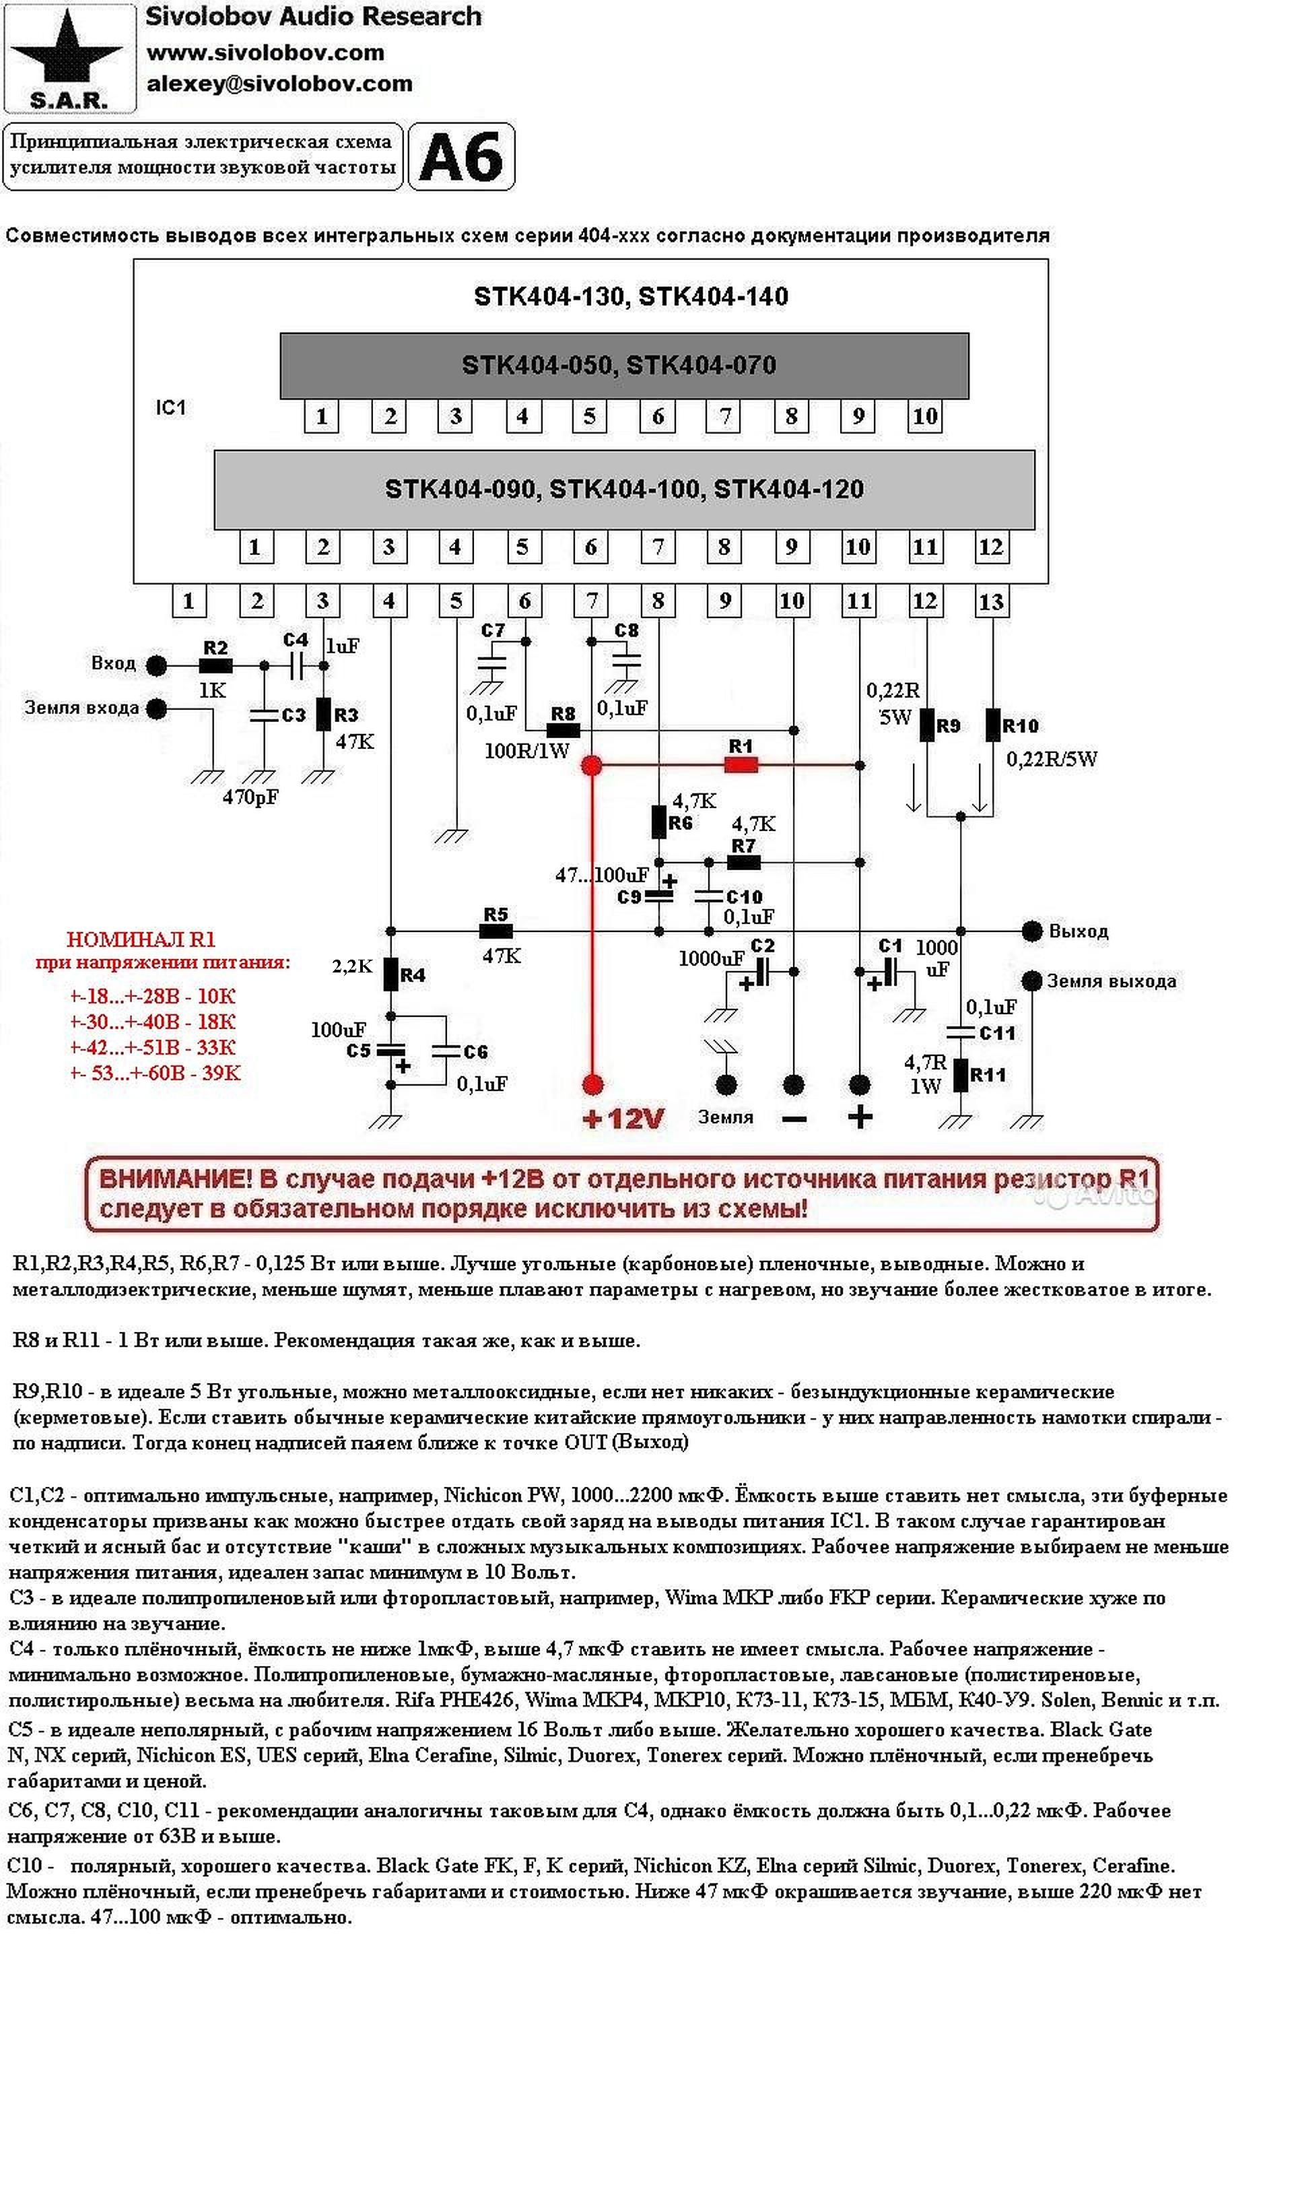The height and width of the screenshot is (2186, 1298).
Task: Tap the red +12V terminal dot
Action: coord(592,1086)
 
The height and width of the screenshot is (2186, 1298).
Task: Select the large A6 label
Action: coord(461,158)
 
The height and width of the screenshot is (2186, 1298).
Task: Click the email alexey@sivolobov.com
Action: coord(279,84)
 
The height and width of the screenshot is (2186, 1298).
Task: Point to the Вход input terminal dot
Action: coord(157,665)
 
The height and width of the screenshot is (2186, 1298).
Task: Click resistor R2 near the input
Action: coord(215,665)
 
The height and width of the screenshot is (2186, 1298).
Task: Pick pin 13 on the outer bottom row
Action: coord(991,602)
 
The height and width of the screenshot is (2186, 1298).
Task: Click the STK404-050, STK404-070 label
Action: coord(619,365)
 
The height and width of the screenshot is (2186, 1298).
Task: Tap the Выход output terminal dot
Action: coord(1032,931)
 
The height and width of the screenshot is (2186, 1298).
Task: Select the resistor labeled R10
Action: coord(993,725)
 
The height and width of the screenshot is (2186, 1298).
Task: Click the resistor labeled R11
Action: coord(961,1075)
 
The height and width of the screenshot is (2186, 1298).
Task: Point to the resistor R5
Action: coord(496,931)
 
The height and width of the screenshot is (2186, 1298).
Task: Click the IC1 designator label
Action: coord(170,407)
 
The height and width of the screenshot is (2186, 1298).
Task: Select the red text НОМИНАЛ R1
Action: coord(141,939)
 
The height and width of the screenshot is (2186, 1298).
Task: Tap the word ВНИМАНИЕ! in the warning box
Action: coord(175,1179)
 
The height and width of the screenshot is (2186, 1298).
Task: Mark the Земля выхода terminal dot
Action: coord(1032,980)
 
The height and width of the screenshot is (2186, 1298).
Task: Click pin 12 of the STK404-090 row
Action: coord(990,548)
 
